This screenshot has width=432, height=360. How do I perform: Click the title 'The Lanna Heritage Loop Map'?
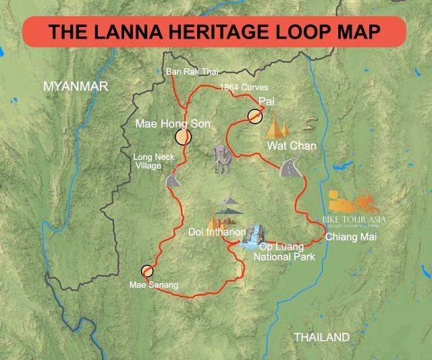215,32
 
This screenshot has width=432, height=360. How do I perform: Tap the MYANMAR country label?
75,86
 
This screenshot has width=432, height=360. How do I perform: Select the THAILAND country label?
322,337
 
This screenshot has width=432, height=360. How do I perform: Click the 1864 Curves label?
244,88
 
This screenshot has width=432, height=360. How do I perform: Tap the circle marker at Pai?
254,116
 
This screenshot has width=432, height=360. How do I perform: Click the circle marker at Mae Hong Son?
183,137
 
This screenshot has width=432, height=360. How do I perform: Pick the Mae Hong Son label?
173,124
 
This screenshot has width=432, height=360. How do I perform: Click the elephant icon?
221,159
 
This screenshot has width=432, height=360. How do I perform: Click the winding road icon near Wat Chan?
290,165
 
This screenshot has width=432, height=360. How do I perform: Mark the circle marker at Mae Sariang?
147,272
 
